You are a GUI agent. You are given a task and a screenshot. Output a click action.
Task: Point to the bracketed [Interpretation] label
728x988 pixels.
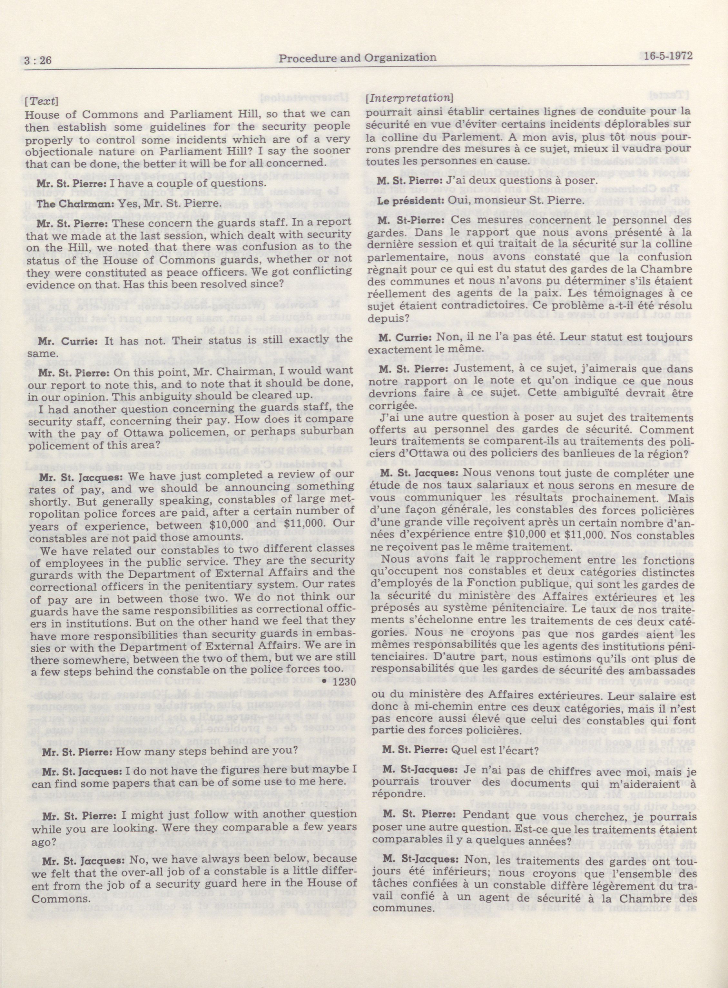[x=409, y=97]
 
